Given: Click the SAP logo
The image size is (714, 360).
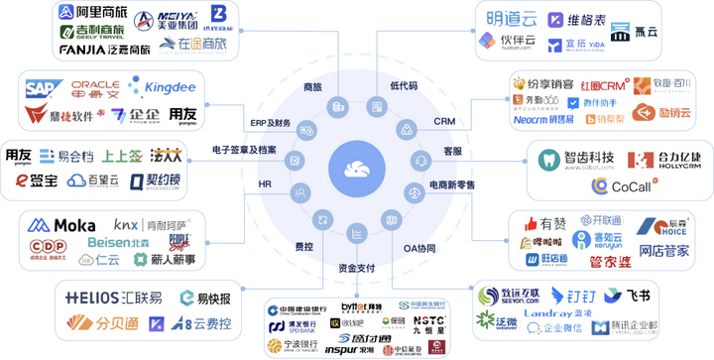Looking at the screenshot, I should coord(43,88).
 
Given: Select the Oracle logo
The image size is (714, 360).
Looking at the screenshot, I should coord(94,87).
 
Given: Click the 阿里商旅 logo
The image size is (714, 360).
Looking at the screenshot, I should coord(93,14).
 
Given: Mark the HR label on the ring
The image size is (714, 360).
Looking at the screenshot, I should coord(266,184).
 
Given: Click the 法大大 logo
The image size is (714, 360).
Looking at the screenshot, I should coord(166,156).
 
